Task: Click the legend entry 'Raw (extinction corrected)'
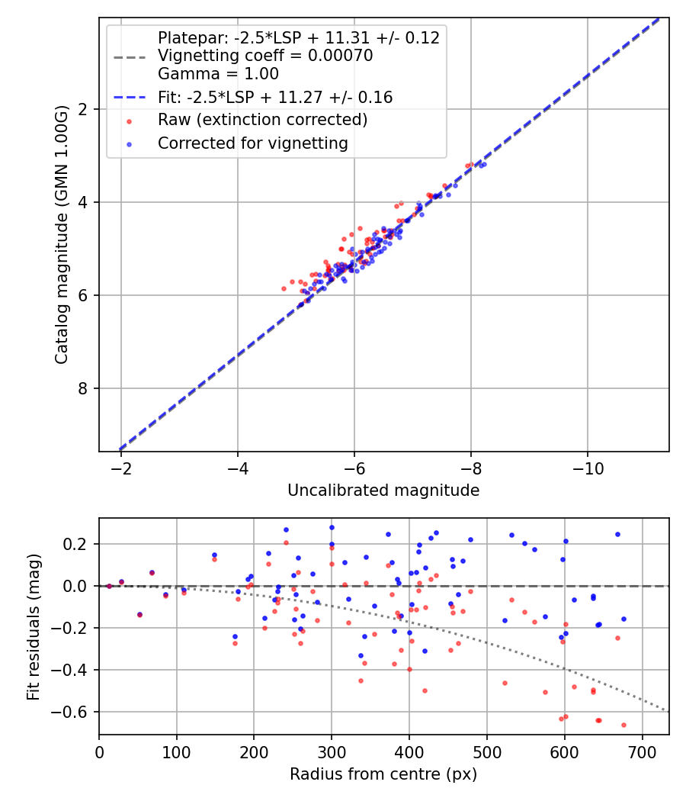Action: pyautogui.click(x=262, y=120)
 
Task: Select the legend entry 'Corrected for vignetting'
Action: pyautogui.click(x=252, y=143)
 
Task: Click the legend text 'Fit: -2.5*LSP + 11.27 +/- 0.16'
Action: pyautogui.click(x=275, y=97)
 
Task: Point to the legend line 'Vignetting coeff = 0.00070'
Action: pyautogui.click(x=265, y=56)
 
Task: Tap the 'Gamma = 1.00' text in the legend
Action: pyautogui.click(x=218, y=74)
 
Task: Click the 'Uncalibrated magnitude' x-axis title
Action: pyautogui.click(x=383, y=491)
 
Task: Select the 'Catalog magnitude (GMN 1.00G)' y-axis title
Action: pyautogui.click(x=62, y=233)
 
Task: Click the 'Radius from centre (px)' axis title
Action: pyautogui.click(x=383, y=774)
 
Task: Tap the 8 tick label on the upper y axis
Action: pyautogui.click(x=84, y=388)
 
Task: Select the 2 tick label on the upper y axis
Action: pyautogui.click(x=84, y=109)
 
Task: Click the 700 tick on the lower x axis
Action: pyautogui.click(x=642, y=751)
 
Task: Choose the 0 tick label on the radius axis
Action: pyautogui.click(x=99, y=751)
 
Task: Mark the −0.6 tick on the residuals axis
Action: pyautogui.click(x=76, y=712)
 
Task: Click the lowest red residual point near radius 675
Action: pyautogui.click(x=623, y=725)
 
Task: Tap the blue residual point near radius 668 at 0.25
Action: pyautogui.click(x=617, y=534)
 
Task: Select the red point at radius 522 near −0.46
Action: pyautogui.click(x=505, y=683)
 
